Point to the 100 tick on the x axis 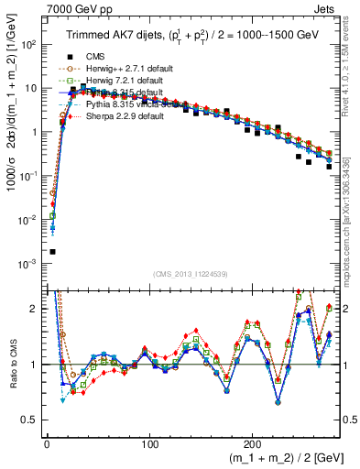pyautogui.click(x=149, y=442)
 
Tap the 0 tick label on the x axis pyautogui.click(x=46, y=442)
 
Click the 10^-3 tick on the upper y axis pyautogui.click(x=31, y=264)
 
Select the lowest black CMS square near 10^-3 pyautogui.click(x=52, y=251)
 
